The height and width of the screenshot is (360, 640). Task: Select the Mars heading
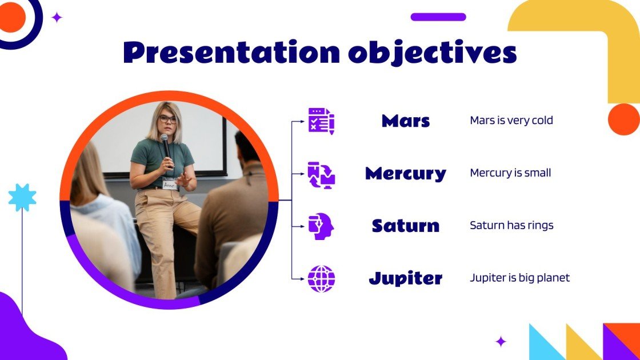pyautogui.click(x=406, y=121)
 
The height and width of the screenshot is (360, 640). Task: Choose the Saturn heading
pyautogui.click(x=406, y=226)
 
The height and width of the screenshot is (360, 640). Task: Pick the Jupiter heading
pyautogui.click(x=406, y=279)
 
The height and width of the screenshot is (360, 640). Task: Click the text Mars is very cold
pyautogui.click(x=511, y=121)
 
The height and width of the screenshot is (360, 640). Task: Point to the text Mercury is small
pyautogui.click(x=510, y=173)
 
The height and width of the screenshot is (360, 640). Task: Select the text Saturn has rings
pyautogui.click(x=511, y=225)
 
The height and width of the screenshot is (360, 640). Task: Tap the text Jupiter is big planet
pyautogui.click(x=519, y=278)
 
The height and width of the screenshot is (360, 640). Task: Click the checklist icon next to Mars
pyautogui.click(x=321, y=121)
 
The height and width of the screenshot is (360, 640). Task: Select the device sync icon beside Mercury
pyautogui.click(x=321, y=174)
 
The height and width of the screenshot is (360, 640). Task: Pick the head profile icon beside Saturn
pyautogui.click(x=321, y=226)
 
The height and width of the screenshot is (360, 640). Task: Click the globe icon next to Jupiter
pyautogui.click(x=321, y=279)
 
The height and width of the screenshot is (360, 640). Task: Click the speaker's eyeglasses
pyautogui.click(x=167, y=119)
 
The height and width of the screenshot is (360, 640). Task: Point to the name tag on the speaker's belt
pyautogui.click(x=169, y=185)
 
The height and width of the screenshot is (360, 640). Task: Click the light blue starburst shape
pyautogui.click(x=22, y=198)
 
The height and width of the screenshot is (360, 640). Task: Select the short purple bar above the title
pyautogui.click(x=438, y=17)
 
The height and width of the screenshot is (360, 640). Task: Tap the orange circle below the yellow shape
pyautogui.click(x=623, y=119)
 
